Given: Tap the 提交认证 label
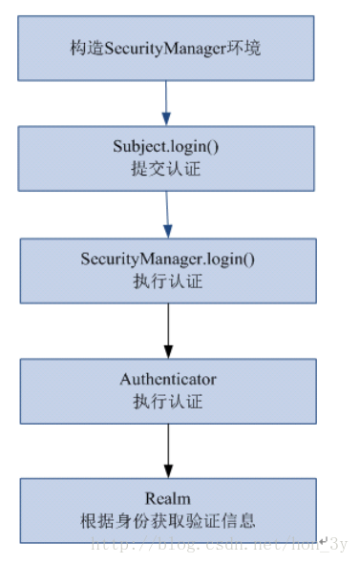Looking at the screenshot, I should [168, 168].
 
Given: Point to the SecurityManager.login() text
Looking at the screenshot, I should [168, 260].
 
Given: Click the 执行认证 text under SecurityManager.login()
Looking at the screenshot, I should [168, 281].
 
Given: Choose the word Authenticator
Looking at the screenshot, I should [168, 380].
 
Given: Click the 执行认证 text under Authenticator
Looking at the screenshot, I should [168, 402].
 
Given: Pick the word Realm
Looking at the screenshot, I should [168, 499].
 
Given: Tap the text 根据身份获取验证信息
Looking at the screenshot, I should [168, 521].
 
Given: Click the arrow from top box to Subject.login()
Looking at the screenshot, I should [165, 99].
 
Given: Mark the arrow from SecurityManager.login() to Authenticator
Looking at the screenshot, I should [168, 329].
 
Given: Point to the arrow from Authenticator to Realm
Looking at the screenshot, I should [168, 448].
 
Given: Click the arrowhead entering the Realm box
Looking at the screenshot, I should [168, 472].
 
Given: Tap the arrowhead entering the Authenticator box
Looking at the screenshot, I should [168, 353].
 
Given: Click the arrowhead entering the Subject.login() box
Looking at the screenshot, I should [166, 120].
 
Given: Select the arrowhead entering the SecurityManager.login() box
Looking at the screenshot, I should [168, 233].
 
